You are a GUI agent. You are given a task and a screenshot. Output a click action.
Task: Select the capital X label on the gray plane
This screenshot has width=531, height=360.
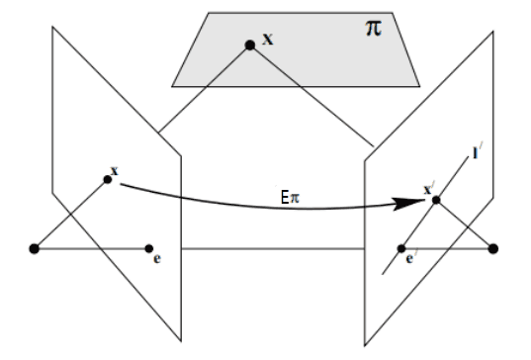267,41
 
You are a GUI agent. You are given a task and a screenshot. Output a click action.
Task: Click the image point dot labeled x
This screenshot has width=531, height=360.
107,179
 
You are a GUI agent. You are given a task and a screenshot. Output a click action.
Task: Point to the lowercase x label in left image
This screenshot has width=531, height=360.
116,171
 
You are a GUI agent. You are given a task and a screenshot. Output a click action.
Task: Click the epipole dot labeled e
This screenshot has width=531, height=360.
148,247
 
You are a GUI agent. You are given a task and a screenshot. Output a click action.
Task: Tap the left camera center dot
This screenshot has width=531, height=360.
35,247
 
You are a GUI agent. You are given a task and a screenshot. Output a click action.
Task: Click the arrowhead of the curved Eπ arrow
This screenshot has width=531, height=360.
416,204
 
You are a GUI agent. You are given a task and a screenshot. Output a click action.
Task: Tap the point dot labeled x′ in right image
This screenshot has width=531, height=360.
436,202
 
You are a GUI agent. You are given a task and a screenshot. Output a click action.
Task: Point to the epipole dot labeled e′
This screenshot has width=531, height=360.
402,247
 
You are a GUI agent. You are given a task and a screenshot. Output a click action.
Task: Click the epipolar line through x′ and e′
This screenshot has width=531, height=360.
455,178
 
